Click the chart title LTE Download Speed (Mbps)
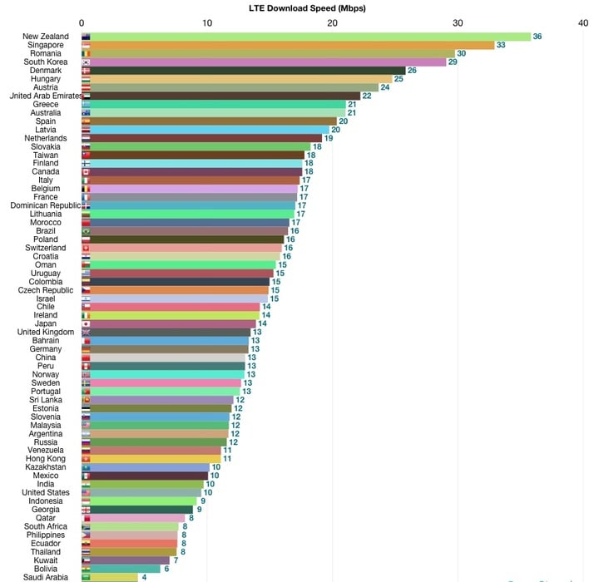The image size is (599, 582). coord(308,7)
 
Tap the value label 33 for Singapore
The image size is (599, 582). coord(501,45)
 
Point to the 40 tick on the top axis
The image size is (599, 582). coord(583,23)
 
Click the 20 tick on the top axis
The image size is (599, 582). coord(333,23)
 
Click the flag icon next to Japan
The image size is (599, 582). coord(86,323)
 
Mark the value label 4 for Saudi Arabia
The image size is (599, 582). coord(145,577)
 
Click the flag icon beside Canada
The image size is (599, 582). coord(86,171)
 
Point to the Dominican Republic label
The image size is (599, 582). coord(45,205)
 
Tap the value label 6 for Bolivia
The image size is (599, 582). coord(166,569)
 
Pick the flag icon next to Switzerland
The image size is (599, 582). coord(86,248)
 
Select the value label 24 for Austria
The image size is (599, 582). coord(385,87)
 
